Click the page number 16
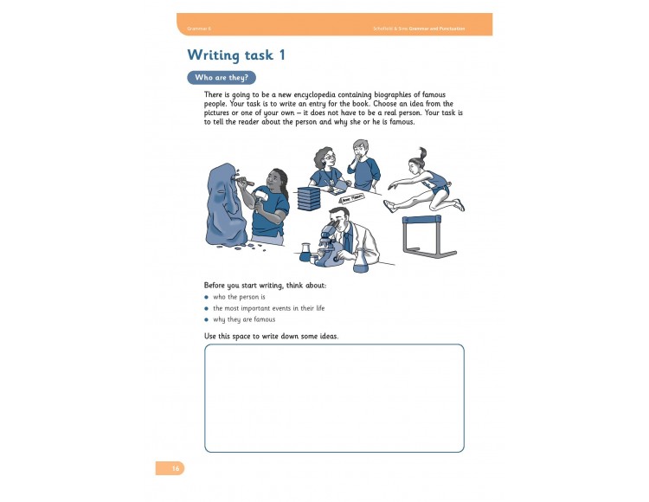coord(175,468)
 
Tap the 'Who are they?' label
coord(222,77)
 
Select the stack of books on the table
coord(309,198)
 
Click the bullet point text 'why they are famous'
coord(245,319)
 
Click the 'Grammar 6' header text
coord(199,29)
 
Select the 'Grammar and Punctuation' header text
coord(442,29)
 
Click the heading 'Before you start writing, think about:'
coord(265,285)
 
